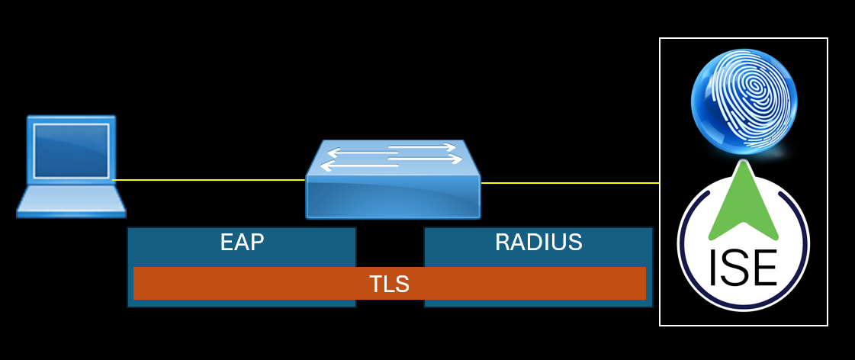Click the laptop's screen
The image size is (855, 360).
tap(70, 149)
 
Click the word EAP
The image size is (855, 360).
tap(242, 243)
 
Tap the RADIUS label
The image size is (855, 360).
tap(538, 243)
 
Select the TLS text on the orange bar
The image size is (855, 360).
tap(389, 284)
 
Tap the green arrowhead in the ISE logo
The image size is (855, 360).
tap(743, 203)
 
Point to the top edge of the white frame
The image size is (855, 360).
tap(744, 38)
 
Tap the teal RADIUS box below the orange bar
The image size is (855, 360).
tap(538, 303)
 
